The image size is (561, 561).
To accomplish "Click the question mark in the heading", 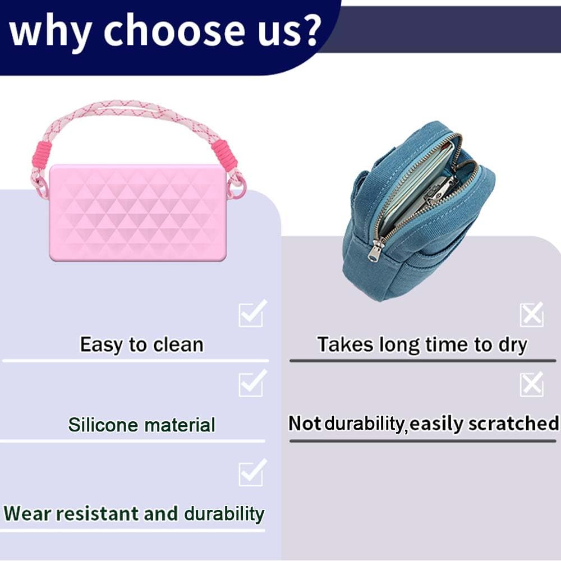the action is [307, 28].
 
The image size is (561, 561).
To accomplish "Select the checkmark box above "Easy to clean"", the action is [252, 313].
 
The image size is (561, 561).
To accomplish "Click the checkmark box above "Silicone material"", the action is [252, 383].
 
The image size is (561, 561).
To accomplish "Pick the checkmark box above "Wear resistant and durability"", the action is [252, 472].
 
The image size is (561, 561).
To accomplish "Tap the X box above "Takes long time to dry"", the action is [532, 315].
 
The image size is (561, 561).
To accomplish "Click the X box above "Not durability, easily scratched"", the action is [532, 385].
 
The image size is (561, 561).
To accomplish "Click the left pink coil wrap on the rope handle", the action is [44, 155].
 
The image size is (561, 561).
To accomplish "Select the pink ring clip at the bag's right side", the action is [239, 187].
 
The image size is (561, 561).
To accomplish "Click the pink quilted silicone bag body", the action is [138, 213].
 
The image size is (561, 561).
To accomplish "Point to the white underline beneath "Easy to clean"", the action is [135, 361].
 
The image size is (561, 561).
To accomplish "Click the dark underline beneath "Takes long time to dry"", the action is [422, 361].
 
